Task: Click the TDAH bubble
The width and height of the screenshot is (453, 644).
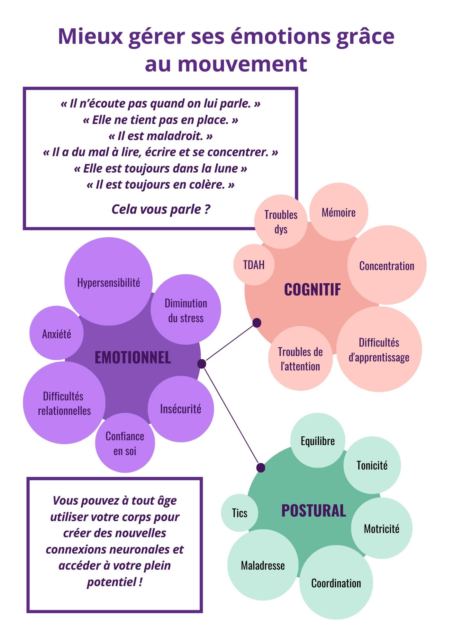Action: point(254,265)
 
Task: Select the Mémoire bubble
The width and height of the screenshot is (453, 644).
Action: point(339,212)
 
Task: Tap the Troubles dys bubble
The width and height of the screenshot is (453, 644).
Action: point(281,222)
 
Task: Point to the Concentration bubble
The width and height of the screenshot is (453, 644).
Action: point(387,265)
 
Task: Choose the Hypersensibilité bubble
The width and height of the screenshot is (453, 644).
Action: point(108,281)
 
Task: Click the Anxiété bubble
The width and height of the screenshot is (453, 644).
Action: point(57,333)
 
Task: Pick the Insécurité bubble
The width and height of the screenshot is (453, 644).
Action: point(181,409)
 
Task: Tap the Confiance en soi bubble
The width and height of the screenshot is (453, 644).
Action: point(125,443)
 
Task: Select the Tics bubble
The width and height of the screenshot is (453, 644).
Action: point(240,513)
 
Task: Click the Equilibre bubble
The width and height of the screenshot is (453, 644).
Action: point(318,440)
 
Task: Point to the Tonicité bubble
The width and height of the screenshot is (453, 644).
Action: point(372,465)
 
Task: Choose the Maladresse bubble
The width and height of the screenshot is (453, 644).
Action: point(263,565)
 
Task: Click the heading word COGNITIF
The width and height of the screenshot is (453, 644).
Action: point(313,289)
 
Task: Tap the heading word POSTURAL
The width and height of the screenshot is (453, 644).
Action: point(313,511)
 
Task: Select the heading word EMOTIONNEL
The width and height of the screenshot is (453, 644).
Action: point(133,357)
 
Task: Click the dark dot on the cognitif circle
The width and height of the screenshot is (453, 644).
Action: point(257,323)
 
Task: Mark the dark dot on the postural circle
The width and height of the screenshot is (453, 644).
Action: point(261,468)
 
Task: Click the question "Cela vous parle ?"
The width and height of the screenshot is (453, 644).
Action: point(161,209)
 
